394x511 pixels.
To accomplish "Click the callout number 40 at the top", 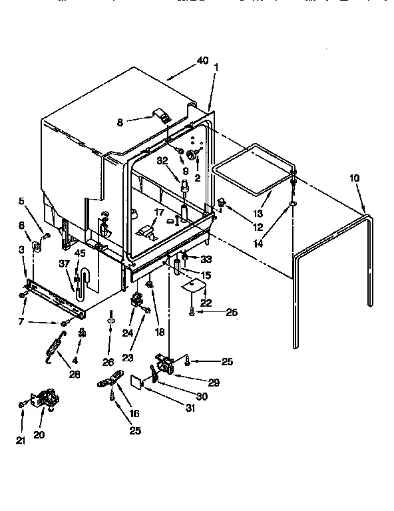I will tap(202, 61).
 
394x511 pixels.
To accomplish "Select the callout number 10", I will tap(353, 178).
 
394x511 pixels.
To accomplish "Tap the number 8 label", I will tap(120, 122).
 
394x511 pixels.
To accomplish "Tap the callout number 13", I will tap(258, 214).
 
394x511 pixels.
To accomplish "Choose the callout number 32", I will tap(162, 160).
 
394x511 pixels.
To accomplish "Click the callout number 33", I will tap(207, 259).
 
